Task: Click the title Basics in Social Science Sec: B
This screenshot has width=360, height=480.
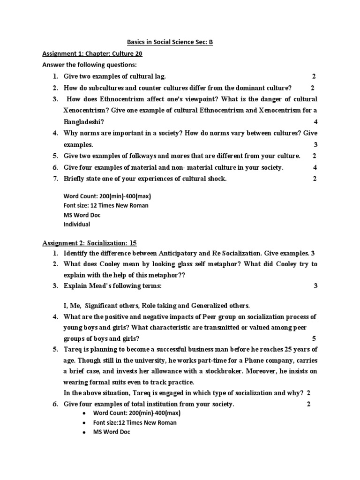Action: [x=171, y=43]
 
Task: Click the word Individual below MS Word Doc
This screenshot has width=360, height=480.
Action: [x=76, y=225]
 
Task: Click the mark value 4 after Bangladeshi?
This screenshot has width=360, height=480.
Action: [x=315, y=121]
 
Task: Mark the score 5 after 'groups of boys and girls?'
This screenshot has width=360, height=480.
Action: [x=314, y=338]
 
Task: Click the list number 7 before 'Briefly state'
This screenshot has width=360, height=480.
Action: [x=55, y=179]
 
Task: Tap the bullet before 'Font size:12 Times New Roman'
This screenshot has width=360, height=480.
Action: [x=83, y=423]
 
